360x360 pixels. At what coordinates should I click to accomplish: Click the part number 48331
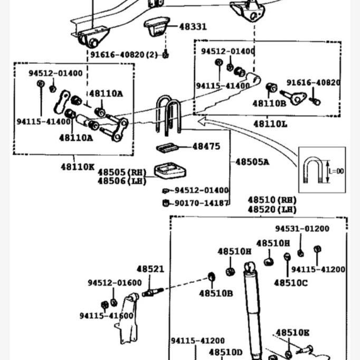tap(193, 26)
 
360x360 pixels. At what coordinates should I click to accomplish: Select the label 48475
tap(206, 146)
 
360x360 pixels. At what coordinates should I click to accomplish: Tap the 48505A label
tap(252, 162)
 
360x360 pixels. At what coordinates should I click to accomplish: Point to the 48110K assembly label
tap(78, 167)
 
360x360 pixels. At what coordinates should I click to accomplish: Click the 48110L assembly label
tap(270, 124)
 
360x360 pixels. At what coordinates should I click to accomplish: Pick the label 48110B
tap(269, 103)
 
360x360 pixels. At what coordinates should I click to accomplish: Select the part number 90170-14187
tap(202, 203)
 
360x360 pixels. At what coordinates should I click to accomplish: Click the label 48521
tap(150, 269)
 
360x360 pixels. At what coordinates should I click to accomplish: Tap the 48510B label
tap(216, 293)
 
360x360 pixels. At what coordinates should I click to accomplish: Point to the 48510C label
tap(291, 283)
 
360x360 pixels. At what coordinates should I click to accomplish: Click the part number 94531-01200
tap(302, 229)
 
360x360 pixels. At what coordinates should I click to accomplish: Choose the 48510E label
tap(292, 333)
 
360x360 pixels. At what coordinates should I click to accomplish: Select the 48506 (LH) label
tap(122, 181)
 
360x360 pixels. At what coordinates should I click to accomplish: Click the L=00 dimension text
tap(336, 171)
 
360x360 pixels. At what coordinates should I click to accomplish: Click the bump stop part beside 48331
tap(157, 26)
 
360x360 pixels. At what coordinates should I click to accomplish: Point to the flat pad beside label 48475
tap(167, 148)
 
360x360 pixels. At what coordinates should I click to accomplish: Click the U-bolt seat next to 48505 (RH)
tap(170, 171)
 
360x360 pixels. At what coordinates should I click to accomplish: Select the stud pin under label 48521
tap(153, 292)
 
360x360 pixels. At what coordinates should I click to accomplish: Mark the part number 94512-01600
tap(115, 283)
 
